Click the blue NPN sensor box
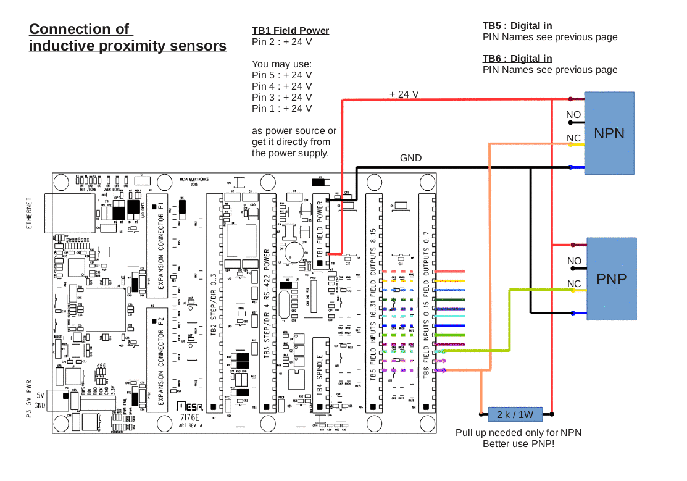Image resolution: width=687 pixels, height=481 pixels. [609, 133]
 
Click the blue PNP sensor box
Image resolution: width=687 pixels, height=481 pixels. [611, 279]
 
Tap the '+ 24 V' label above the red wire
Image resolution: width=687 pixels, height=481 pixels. [404, 94]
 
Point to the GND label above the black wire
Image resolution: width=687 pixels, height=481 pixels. [411, 158]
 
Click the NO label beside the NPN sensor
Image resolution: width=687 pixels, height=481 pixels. [573, 115]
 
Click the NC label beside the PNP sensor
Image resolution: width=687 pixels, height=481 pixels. [575, 283]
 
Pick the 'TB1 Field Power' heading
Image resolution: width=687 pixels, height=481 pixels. [290, 31]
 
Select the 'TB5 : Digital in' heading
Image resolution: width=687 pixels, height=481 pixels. [517, 26]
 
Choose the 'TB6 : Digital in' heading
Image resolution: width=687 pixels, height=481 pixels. [517, 59]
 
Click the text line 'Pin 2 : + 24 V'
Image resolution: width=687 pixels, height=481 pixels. [281, 42]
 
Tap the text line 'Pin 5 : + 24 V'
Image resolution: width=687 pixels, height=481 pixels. [281, 75]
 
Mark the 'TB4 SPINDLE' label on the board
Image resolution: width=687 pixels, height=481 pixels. [320, 374]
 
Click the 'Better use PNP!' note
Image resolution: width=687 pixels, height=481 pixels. [518, 444]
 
